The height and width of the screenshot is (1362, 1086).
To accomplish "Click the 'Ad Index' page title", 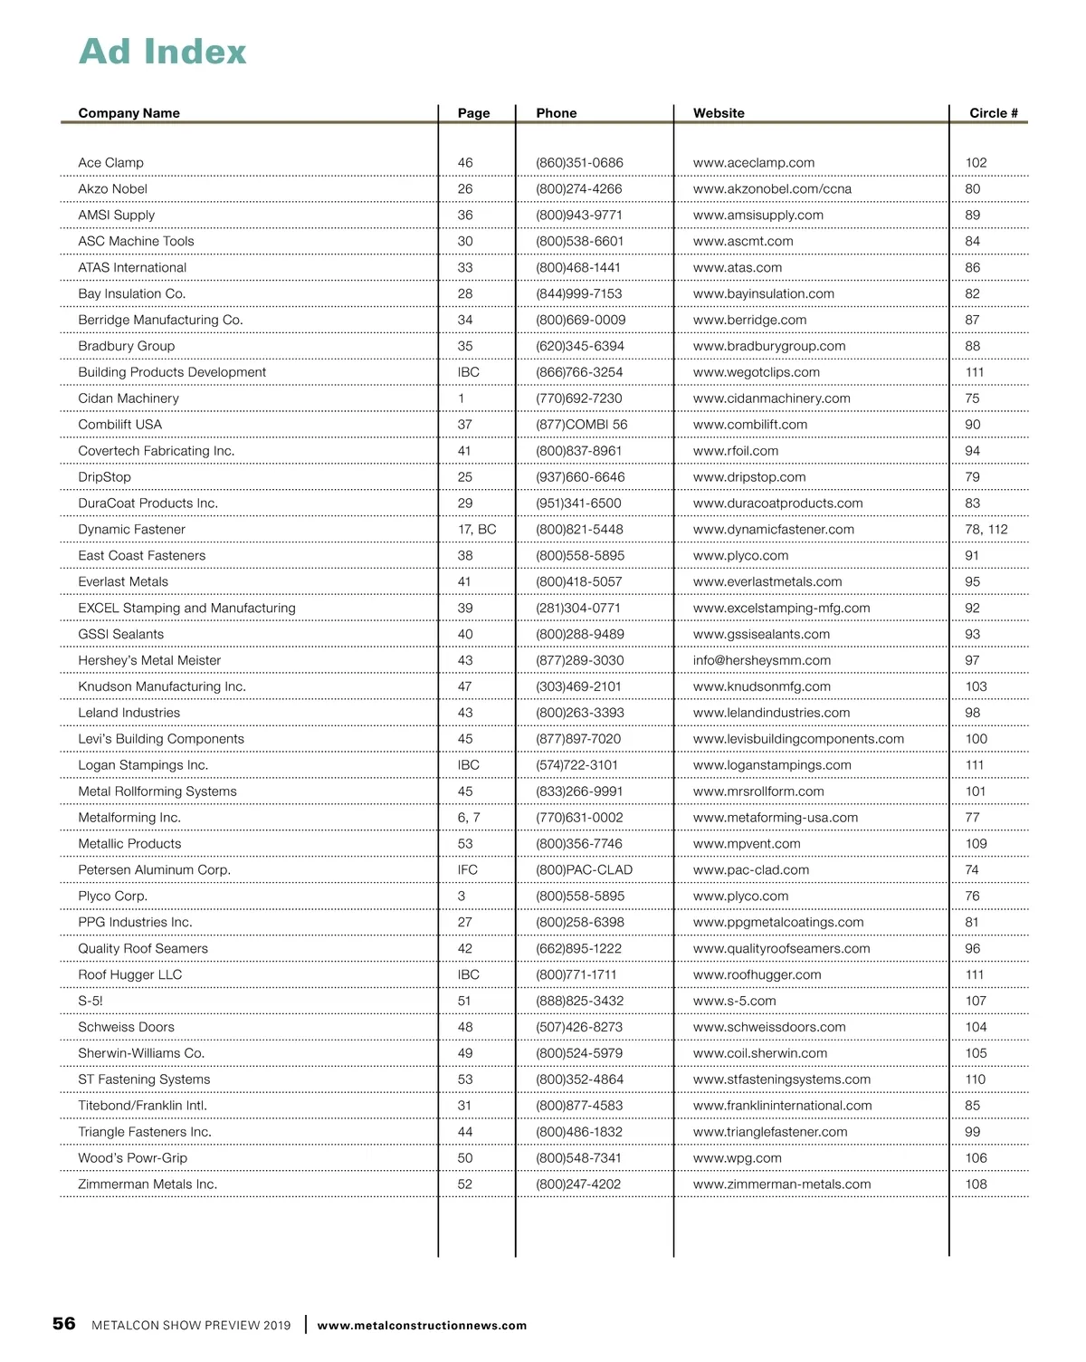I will click(x=163, y=52).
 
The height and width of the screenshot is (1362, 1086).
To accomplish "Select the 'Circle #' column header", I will click(x=993, y=113).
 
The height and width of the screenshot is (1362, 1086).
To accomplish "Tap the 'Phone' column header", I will click(x=556, y=113).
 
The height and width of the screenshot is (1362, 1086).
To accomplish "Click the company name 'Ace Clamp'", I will click(x=110, y=163).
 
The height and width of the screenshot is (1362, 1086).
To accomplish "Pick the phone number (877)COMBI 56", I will click(x=581, y=425).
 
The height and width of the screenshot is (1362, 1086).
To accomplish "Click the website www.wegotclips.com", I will click(x=756, y=372).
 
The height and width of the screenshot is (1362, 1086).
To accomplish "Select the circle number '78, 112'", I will click(x=986, y=530).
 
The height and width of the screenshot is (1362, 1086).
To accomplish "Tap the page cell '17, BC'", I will click(x=476, y=530).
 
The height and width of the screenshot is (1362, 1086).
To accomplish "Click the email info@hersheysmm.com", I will click(x=761, y=661).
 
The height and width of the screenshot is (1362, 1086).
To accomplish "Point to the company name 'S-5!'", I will click(x=90, y=1002).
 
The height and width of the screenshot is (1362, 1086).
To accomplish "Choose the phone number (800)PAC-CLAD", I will click(x=584, y=870).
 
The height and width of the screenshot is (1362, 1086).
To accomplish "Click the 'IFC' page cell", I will click(x=467, y=870).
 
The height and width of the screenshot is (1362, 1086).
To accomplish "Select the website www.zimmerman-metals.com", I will click(x=782, y=1185).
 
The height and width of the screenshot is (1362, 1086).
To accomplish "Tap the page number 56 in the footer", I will click(x=64, y=1324).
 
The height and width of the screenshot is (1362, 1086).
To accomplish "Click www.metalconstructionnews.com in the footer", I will click(x=422, y=1326).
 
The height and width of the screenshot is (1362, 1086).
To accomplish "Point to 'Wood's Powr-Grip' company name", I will click(x=132, y=1158).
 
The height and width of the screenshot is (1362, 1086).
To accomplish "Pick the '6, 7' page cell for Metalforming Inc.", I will click(x=468, y=818).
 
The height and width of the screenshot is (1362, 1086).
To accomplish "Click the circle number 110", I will click(x=975, y=1079).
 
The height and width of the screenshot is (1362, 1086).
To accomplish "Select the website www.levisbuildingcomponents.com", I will click(x=798, y=739).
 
